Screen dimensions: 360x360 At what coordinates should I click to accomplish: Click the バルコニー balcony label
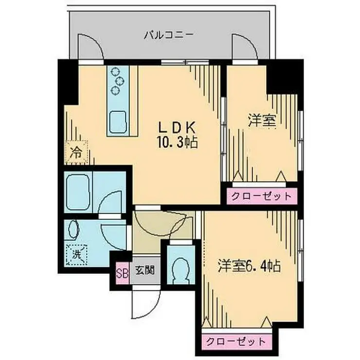pos(169,35)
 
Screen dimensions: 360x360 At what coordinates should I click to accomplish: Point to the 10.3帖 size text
pos(176,143)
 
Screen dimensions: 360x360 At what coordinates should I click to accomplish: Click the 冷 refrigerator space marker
pos(76,151)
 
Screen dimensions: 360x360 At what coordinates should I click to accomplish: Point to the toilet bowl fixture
pos(182,267)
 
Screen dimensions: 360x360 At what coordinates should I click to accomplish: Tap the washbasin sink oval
pos(74,229)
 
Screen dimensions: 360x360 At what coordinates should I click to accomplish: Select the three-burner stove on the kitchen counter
pos(117,79)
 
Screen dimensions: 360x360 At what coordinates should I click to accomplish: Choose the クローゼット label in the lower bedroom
pos(235,341)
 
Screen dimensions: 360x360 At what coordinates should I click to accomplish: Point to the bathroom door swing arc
pos(110,204)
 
